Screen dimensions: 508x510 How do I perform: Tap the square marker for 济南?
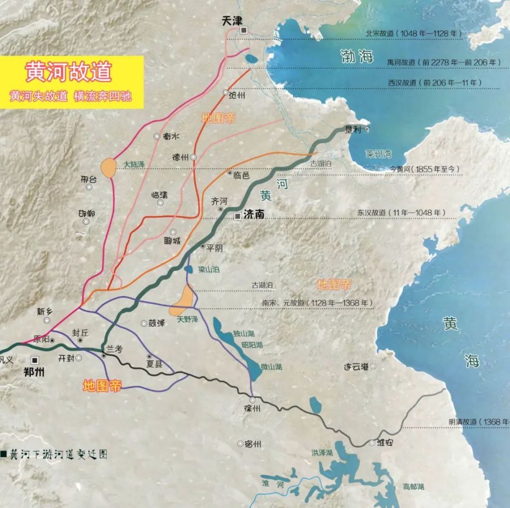[x=237, y=216]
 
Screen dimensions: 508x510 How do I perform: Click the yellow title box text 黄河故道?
[x=69, y=72]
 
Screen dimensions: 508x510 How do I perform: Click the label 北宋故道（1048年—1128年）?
[x=414, y=33]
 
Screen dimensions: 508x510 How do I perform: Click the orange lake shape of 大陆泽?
[x=108, y=168]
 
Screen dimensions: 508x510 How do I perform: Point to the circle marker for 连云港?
[x=373, y=366]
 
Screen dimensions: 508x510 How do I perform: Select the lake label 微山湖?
[x=271, y=367]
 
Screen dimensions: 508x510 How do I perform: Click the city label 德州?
[x=180, y=157]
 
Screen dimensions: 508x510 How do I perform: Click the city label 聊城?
[x=173, y=241]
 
